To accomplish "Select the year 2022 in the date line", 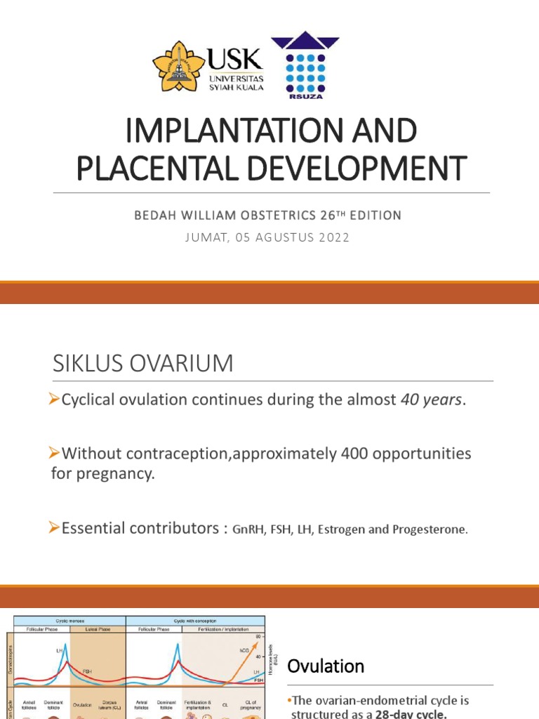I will [332, 237].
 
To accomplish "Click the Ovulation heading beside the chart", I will [326, 666].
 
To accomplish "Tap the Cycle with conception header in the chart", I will [196, 621].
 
